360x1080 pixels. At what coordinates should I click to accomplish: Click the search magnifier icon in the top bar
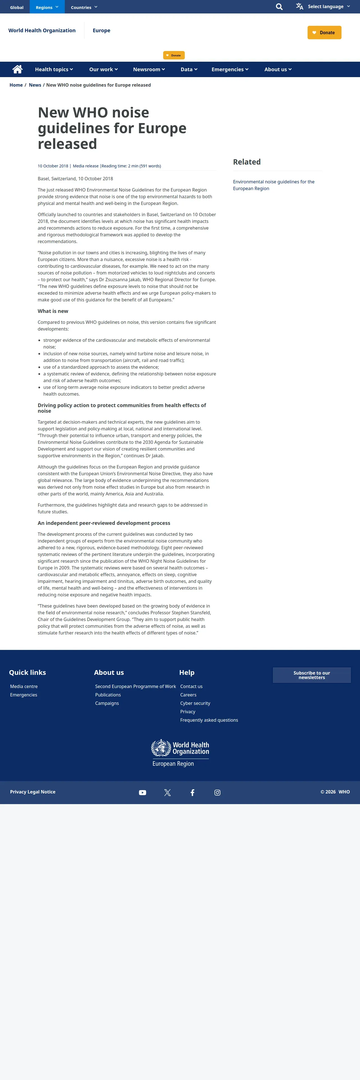click(x=279, y=7)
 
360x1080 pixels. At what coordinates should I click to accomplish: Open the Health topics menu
click(x=54, y=70)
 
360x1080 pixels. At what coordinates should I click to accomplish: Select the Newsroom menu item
click(x=149, y=70)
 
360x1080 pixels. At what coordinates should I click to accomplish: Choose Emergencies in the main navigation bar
click(x=230, y=70)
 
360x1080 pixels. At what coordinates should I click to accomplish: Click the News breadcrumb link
click(x=35, y=85)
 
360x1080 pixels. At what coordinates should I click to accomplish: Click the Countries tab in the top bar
click(x=84, y=7)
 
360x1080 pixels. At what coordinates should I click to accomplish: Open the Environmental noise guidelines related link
click(x=273, y=185)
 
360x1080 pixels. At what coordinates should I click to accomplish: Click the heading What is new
click(x=53, y=311)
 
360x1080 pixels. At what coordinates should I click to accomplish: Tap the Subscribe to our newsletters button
click(x=311, y=675)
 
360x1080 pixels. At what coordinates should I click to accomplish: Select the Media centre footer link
click(x=24, y=686)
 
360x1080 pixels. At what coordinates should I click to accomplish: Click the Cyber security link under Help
click(x=195, y=703)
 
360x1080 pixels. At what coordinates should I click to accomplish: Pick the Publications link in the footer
click(x=108, y=695)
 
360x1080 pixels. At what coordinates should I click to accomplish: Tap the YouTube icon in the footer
click(x=142, y=792)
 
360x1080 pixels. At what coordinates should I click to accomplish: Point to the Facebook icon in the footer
click(x=192, y=792)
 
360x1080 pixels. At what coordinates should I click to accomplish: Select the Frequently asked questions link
click(x=209, y=720)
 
